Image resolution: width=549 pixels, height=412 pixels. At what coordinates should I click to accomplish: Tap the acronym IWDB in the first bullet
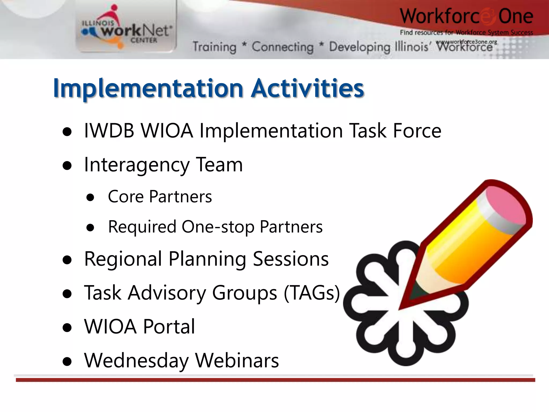[x=109, y=131]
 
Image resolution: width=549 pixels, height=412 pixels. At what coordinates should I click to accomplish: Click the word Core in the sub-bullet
[x=126, y=197]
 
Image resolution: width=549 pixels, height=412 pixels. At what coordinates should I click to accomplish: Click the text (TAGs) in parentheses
[x=312, y=293]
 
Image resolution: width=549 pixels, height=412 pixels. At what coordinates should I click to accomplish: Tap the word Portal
[x=169, y=327]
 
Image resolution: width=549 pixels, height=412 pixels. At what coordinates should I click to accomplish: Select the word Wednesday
[x=136, y=361]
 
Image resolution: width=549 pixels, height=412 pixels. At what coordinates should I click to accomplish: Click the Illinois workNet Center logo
[x=126, y=30]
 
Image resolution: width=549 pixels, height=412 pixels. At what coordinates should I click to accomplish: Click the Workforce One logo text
[x=466, y=17]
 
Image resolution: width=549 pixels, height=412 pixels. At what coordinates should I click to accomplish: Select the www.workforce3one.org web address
[x=466, y=42]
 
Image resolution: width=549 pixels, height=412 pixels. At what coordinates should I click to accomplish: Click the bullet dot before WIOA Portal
[x=67, y=328]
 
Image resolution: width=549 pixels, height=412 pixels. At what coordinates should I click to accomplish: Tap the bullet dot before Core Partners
[x=91, y=197]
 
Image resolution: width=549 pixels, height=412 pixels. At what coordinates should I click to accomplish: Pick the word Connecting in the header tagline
[x=283, y=47]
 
